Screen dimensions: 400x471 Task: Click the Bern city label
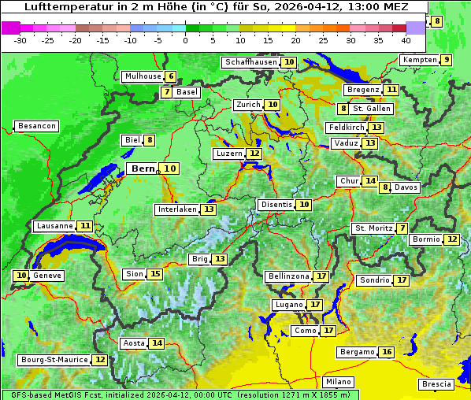coord(143,169)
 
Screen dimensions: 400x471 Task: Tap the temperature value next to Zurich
coord(273,105)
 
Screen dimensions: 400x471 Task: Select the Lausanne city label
coord(54,226)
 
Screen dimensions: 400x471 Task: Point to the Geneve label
coord(47,276)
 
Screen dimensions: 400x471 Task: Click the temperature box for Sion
coord(155,274)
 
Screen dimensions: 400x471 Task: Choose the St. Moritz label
coord(374,228)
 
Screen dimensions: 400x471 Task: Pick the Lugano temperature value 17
coord(315,305)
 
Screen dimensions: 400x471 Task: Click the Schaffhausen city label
coord(248,62)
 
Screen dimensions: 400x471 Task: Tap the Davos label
coord(406,187)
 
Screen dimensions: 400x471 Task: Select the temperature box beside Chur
coord(370,181)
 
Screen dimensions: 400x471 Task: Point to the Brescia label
coord(436,384)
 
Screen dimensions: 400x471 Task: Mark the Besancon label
coord(37,126)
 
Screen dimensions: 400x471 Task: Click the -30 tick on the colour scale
coord(20,39)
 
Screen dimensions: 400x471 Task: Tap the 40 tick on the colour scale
coord(406,39)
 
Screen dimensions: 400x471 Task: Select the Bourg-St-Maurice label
coord(54,360)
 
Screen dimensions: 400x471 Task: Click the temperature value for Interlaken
coord(208,209)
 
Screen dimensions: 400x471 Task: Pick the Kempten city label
coord(418,60)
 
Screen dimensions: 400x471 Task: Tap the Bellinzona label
coord(288,276)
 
